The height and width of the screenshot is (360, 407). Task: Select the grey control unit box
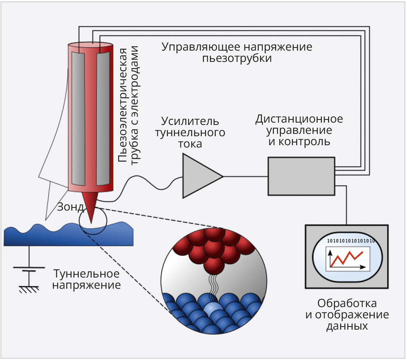click(301, 176)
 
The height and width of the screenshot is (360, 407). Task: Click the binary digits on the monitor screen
click(351, 241)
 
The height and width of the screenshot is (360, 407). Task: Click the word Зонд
click(70, 206)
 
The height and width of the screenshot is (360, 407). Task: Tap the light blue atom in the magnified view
click(213, 310)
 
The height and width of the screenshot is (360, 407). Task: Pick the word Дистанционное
click(299, 118)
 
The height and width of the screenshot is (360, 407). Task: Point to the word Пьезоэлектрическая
click(123, 105)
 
